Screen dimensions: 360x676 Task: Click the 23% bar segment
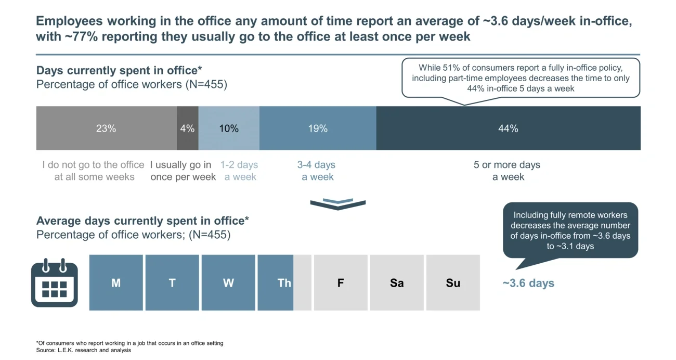point(106,128)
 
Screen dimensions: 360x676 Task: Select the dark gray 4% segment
point(187,128)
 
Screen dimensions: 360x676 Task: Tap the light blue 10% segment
point(229,128)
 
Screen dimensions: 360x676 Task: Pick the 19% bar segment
point(318,128)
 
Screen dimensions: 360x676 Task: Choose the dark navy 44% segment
point(508,128)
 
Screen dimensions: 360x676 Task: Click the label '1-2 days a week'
point(240,171)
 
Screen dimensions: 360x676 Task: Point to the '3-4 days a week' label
point(317,171)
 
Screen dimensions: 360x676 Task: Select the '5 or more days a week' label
point(507,171)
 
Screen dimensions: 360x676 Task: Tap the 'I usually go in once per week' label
point(183,171)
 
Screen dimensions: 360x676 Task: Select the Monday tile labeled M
point(116,282)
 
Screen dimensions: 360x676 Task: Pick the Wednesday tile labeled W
point(228,282)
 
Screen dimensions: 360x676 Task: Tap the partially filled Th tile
point(284,282)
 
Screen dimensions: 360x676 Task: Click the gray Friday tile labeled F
point(341,282)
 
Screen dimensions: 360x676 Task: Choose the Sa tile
point(397,282)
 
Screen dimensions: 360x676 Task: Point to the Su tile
point(453,282)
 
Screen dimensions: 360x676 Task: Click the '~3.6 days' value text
point(528,284)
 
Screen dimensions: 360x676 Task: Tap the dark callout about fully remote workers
point(570,230)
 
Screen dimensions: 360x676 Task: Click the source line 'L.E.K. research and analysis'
point(84,351)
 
